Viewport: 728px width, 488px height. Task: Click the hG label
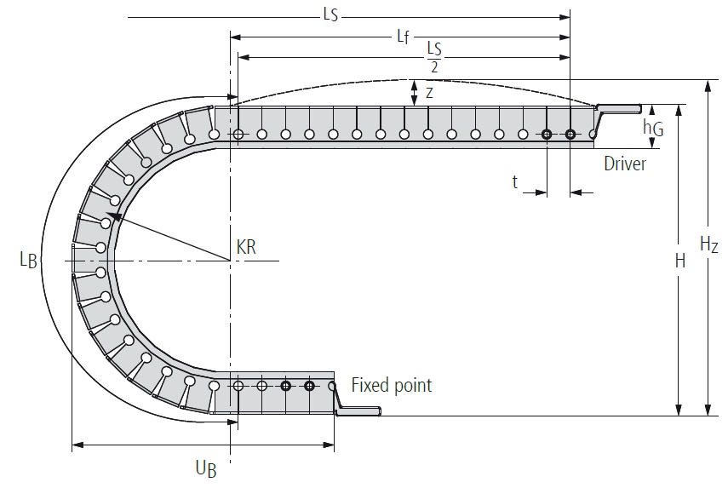coord(653,128)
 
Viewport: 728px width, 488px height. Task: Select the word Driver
coord(625,164)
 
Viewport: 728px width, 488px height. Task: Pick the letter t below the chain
coord(515,181)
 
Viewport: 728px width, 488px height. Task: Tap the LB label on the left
coord(28,260)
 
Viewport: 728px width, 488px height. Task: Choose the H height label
coord(679,261)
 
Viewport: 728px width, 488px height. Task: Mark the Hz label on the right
coord(708,245)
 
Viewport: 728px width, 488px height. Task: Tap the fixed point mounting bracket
coord(358,411)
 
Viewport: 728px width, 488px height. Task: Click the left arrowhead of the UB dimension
coord(77,444)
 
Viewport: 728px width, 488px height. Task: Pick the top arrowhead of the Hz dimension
coord(707,85)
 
